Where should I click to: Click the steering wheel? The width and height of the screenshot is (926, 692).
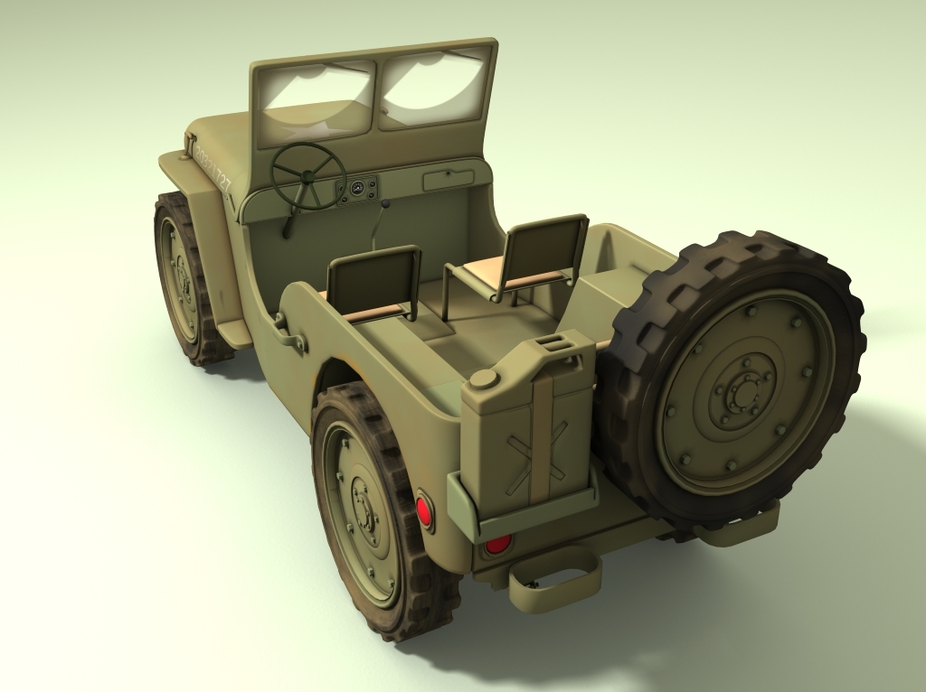click(x=308, y=175)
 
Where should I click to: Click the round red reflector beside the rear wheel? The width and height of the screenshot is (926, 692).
click(x=423, y=512)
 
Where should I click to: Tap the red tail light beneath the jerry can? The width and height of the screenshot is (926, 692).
click(x=497, y=543)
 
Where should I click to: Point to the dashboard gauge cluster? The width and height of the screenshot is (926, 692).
click(x=359, y=189)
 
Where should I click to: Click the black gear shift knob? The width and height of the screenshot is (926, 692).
click(x=387, y=205)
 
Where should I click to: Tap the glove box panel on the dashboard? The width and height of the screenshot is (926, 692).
click(x=449, y=180)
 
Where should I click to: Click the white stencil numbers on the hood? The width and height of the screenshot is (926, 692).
click(x=213, y=169)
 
